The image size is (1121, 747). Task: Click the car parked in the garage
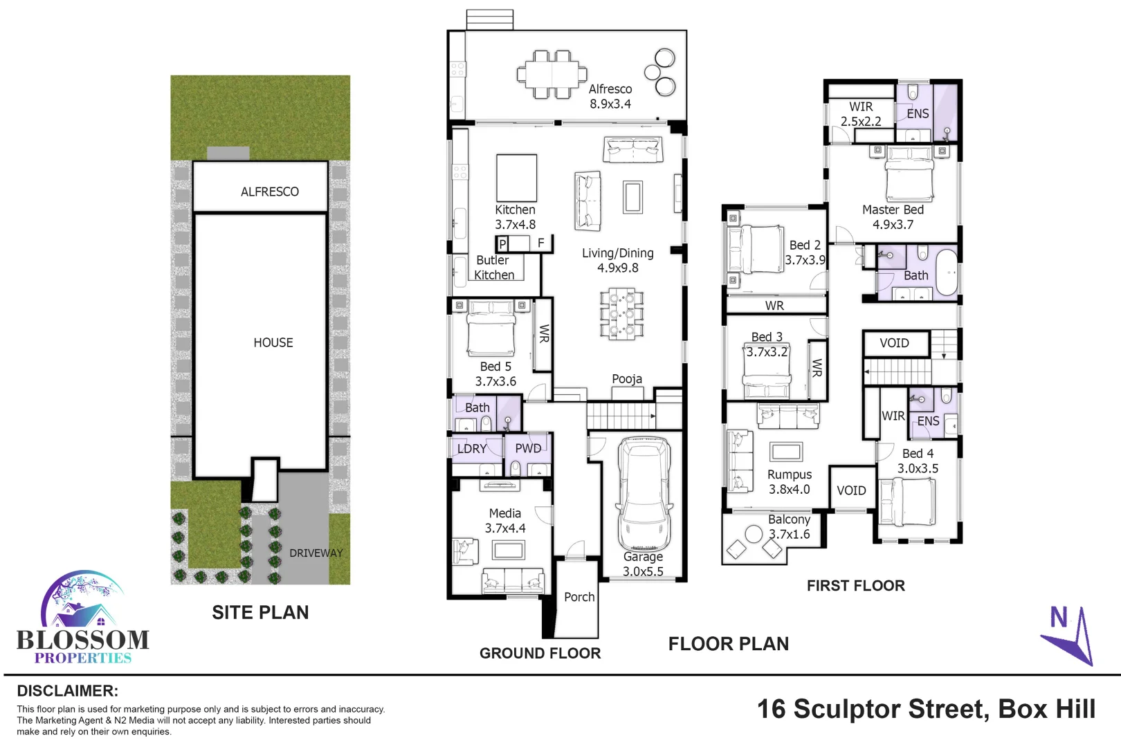point(645,495)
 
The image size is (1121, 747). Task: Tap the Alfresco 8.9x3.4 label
point(610,96)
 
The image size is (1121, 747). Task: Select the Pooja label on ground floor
point(627,379)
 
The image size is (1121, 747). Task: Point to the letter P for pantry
point(503,243)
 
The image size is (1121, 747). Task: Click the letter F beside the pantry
point(541,243)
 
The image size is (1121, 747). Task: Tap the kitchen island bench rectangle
point(516,178)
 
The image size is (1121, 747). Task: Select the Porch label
point(579,597)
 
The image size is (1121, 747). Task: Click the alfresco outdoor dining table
point(552,73)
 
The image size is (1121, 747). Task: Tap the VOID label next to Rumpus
point(851,490)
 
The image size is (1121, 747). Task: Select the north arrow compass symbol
point(1069,635)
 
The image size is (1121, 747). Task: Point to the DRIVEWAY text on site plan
point(316,553)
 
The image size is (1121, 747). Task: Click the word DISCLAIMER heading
point(67,691)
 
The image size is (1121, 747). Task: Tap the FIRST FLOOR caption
point(855,586)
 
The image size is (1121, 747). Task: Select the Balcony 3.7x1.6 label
point(789,526)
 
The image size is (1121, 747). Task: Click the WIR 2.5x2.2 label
point(861,114)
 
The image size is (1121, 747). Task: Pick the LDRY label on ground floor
point(472,449)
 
